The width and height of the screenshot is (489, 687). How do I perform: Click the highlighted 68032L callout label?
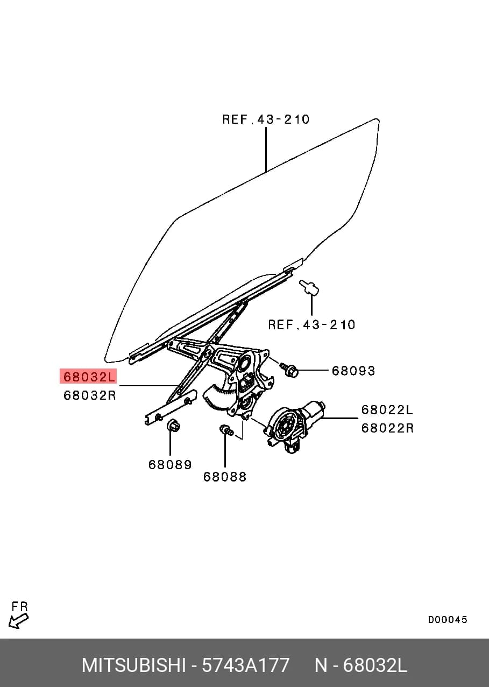coord(88,376)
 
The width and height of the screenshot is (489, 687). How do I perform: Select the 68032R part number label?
coord(90,395)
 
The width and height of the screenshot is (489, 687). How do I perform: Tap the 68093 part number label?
coord(353,371)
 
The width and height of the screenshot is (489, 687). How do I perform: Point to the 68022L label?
coord(387,410)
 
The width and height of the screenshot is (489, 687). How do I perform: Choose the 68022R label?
coord(387,428)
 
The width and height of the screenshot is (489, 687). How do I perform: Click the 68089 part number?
coord(170,465)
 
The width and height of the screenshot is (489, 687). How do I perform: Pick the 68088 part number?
coord(225,477)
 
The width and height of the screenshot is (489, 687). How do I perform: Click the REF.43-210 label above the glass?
coord(266,119)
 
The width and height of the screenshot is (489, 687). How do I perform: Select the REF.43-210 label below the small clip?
coord(311,324)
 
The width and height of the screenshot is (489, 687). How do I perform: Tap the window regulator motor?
coord(294,427)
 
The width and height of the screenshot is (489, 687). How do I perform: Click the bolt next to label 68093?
coord(289,370)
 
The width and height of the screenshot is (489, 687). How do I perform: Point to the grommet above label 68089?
coord(173,426)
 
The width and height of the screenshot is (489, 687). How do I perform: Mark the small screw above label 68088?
coord(226,430)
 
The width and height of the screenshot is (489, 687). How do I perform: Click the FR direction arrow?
coord(18,621)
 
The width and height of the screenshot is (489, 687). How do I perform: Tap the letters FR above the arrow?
coord(20,606)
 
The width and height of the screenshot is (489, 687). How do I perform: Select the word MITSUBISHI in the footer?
coord(134,665)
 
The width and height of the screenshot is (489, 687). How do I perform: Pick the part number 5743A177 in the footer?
coord(245,665)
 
